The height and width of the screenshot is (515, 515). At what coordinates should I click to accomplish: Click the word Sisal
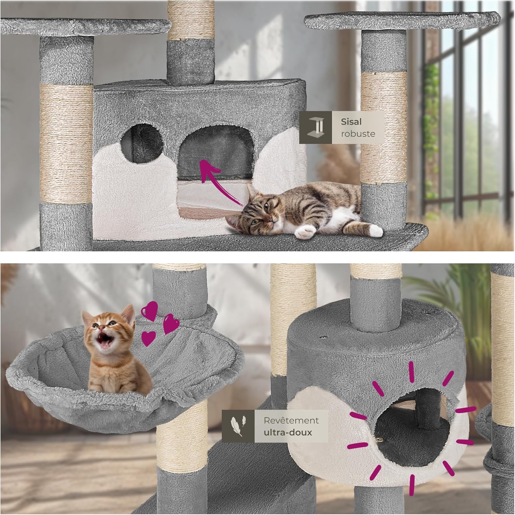click(x=351, y=122)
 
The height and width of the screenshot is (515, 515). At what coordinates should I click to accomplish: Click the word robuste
click(x=358, y=134)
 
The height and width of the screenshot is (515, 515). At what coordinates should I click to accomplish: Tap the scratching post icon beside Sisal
click(x=316, y=127)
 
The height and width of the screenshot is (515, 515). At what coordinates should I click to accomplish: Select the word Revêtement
click(x=291, y=420)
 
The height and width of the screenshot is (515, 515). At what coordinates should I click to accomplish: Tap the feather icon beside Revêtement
click(x=238, y=426)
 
